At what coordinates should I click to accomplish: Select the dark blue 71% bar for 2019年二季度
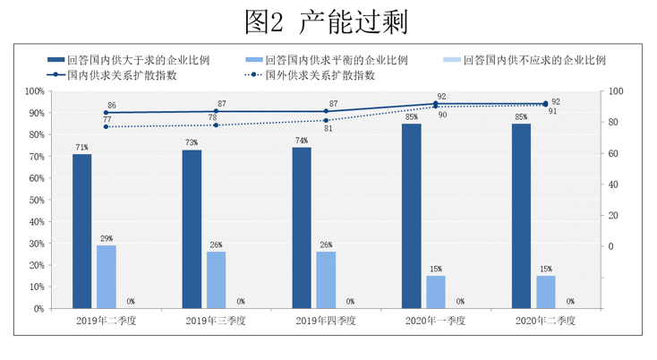pos(81,231)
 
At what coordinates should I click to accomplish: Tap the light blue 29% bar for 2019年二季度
pos(107,276)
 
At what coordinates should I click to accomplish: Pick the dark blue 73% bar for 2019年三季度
pos(192,228)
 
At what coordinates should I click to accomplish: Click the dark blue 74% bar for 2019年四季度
pos(302,227)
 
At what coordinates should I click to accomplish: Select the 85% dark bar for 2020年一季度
pos(412,216)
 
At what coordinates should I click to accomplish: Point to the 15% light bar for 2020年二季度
pos(546,292)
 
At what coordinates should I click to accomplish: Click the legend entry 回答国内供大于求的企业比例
pos(143,60)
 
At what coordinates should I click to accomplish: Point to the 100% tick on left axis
pos(34,91)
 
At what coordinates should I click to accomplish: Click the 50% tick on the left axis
pos(36,200)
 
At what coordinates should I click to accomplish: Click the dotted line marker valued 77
pos(107,126)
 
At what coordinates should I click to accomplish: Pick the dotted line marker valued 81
pos(326,120)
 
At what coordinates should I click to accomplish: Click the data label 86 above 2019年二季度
pos(112,106)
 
